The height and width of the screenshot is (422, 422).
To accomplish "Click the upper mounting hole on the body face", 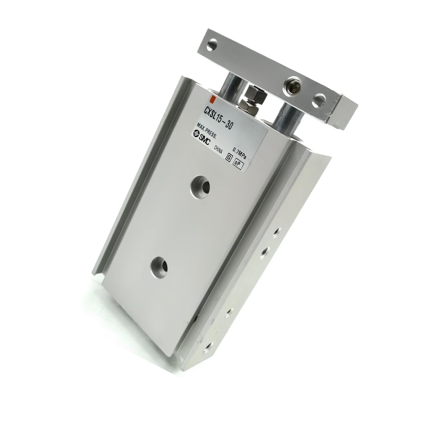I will click(x=200, y=185).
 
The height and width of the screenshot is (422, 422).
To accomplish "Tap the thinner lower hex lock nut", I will click(x=247, y=108).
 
